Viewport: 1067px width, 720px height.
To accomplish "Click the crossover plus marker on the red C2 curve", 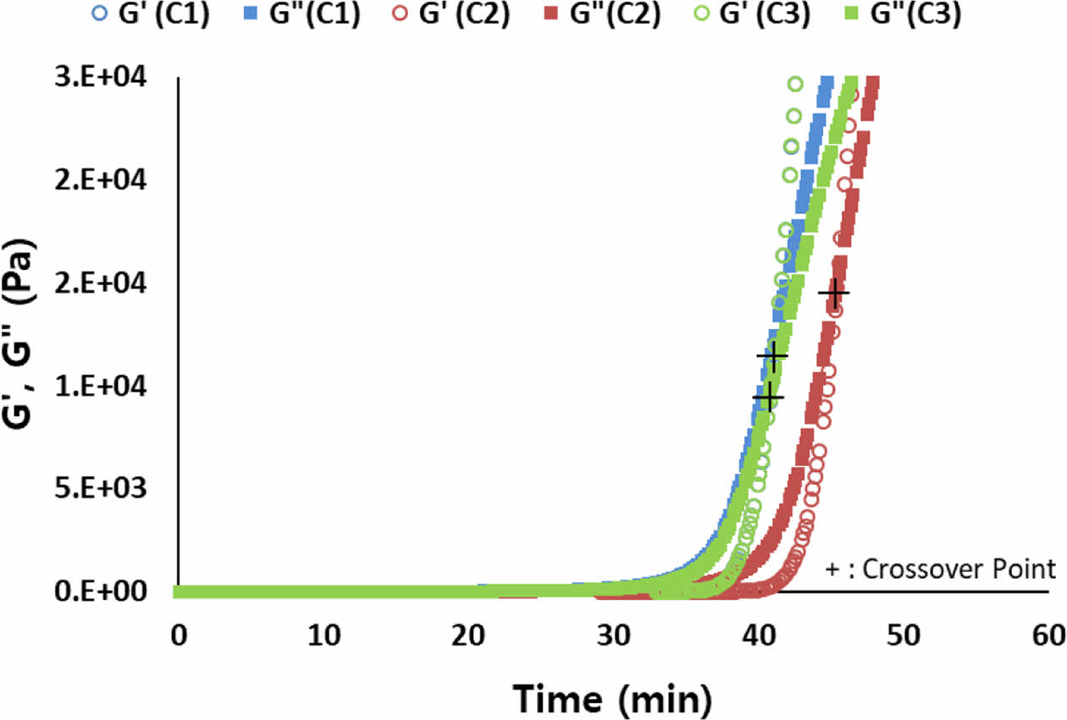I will [x=834, y=293].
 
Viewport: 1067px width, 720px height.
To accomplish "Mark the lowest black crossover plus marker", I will [x=768, y=396].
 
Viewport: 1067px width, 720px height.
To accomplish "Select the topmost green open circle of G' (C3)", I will [x=795, y=83].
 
